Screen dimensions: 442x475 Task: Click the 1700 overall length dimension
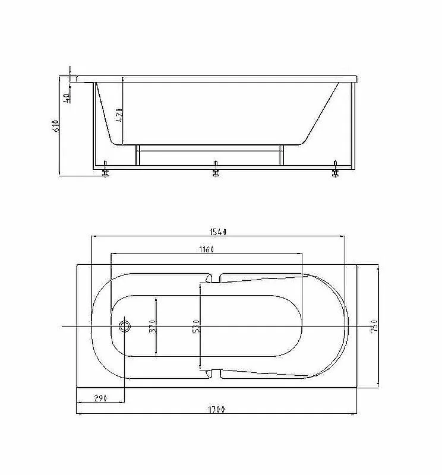click(x=216, y=410)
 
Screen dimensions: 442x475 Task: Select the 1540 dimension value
click(x=218, y=232)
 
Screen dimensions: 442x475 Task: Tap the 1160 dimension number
click(x=207, y=249)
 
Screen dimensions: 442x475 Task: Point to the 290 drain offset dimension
click(x=100, y=398)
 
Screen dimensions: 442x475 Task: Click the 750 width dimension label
click(x=374, y=326)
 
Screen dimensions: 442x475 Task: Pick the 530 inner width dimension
click(x=196, y=326)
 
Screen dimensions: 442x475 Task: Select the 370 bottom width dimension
click(x=153, y=326)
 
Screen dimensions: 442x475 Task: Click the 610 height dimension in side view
click(x=56, y=126)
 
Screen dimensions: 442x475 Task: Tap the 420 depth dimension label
click(x=119, y=115)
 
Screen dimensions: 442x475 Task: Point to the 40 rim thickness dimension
click(x=66, y=98)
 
